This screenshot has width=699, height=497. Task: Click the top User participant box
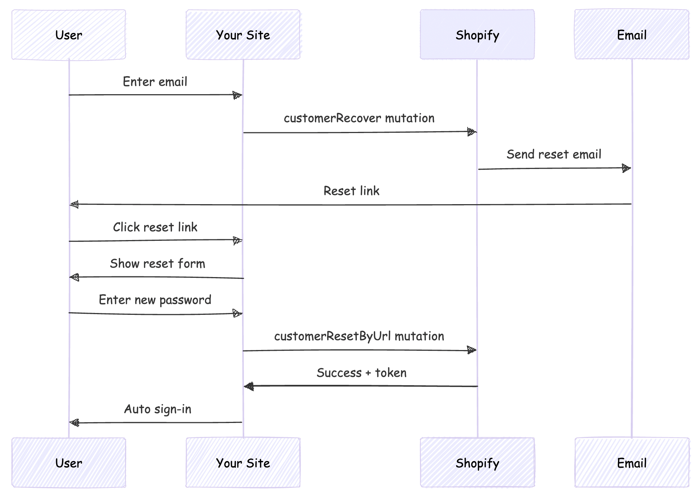click(69, 35)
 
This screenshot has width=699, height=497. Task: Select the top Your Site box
click(243, 35)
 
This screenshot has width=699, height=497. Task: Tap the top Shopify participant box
click(477, 35)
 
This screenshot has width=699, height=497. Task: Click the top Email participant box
click(632, 35)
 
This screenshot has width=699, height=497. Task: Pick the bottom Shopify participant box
click(477, 463)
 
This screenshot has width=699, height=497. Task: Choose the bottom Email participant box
click(632, 463)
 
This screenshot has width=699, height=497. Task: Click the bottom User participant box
click(69, 463)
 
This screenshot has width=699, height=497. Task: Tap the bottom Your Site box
click(243, 463)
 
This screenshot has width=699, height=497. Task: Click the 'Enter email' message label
click(155, 82)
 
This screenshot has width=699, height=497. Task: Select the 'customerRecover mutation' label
click(359, 118)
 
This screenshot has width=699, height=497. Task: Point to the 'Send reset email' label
click(554, 154)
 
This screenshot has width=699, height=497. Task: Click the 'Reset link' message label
click(351, 191)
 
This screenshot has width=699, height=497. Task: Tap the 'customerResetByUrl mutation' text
click(359, 336)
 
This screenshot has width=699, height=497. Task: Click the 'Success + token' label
click(362, 373)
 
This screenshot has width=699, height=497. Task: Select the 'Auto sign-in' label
click(158, 409)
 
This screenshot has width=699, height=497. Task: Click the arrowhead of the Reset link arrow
click(74, 204)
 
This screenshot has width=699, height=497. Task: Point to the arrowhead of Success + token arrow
click(249, 386)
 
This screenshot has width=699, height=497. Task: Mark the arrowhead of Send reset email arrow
click(626, 169)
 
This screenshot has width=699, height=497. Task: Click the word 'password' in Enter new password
click(185, 300)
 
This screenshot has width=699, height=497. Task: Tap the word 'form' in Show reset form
click(191, 264)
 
